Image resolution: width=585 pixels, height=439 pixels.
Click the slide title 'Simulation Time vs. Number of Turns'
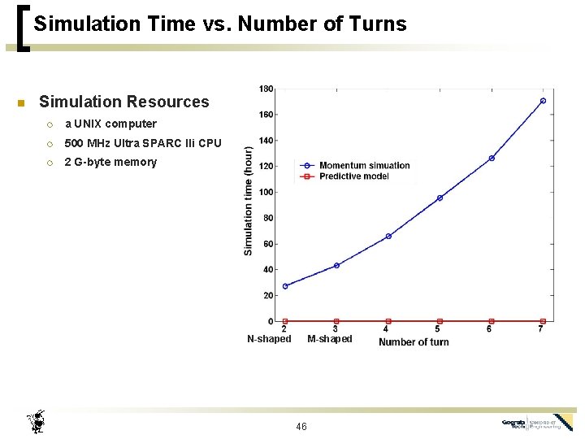(x=220, y=24)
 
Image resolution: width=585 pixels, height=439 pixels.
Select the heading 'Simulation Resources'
(x=123, y=102)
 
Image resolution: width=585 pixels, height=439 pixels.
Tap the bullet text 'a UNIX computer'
(x=110, y=124)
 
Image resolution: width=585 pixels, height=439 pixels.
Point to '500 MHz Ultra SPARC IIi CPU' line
(x=143, y=143)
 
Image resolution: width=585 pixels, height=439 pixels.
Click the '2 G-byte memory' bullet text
(x=110, y=162)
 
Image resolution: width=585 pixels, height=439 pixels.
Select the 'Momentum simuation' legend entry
(x=364, y=166)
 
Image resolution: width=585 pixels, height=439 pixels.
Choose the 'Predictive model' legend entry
(x=354, y=176)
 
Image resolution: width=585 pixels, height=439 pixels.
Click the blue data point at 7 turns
(x=543, y=101)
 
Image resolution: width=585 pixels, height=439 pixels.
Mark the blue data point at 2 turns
(x=284, y=286)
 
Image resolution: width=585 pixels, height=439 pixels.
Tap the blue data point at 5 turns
(x=440, y=198)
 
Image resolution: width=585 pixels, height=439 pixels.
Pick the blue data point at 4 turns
(x=388, y=236)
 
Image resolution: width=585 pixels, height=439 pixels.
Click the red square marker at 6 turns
(x=491, y=321)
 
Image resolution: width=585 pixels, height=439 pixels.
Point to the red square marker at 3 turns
(x=336, y=321)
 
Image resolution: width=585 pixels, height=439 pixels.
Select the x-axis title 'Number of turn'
(x=414, y=342)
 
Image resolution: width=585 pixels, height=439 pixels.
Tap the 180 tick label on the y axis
(x=266, y=89)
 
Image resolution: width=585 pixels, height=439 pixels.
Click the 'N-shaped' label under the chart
(x=269, y=339)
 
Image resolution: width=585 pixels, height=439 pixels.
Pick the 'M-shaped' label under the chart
(x=330, y=339)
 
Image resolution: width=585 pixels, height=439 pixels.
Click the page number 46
(x=301, y=427)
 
